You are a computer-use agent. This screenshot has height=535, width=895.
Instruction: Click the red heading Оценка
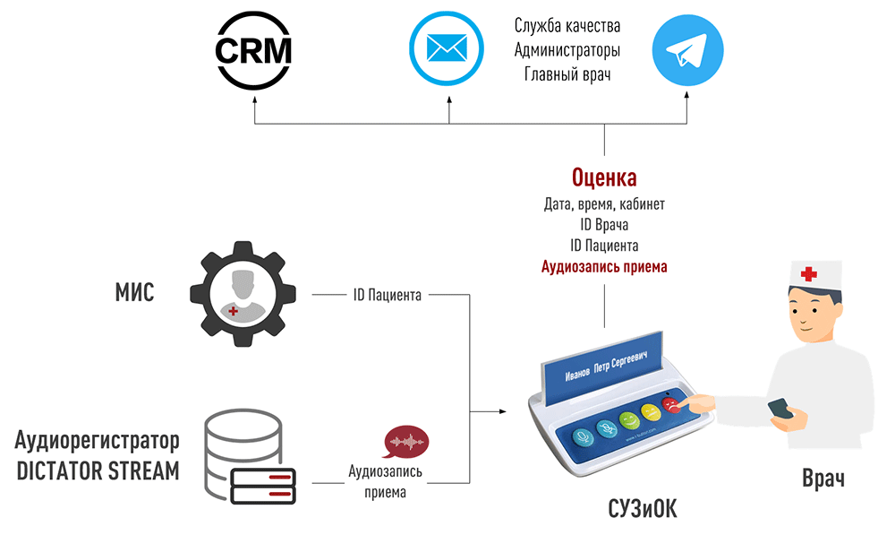pos(604,177)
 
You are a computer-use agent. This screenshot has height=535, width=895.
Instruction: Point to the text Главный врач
pos(567,73)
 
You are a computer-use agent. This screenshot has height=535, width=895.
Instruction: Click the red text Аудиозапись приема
pos(604,266)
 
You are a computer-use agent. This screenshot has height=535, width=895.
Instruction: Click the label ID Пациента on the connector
pos(387,294)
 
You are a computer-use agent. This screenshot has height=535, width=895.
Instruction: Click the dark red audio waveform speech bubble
pos(405,444)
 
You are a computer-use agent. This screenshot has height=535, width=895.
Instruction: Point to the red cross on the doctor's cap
pos(809,274)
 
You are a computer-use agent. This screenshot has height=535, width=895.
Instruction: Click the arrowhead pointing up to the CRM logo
pos(254,100)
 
